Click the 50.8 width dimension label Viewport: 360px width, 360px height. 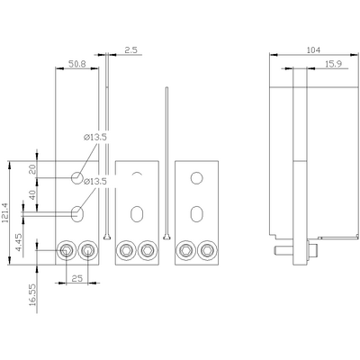tap(77, 64)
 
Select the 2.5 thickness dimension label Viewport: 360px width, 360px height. tap(131, 50)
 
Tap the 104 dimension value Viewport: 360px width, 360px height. tap(313, 50)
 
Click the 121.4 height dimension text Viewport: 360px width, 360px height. tap(5, 212)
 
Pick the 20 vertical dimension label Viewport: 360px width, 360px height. tap(32, 169)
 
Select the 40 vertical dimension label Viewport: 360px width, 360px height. tap(32, 194)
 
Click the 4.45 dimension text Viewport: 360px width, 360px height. tap(18, 243)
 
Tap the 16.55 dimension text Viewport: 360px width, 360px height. tap(32, 295)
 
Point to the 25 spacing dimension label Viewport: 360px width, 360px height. tap(77, 278)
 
